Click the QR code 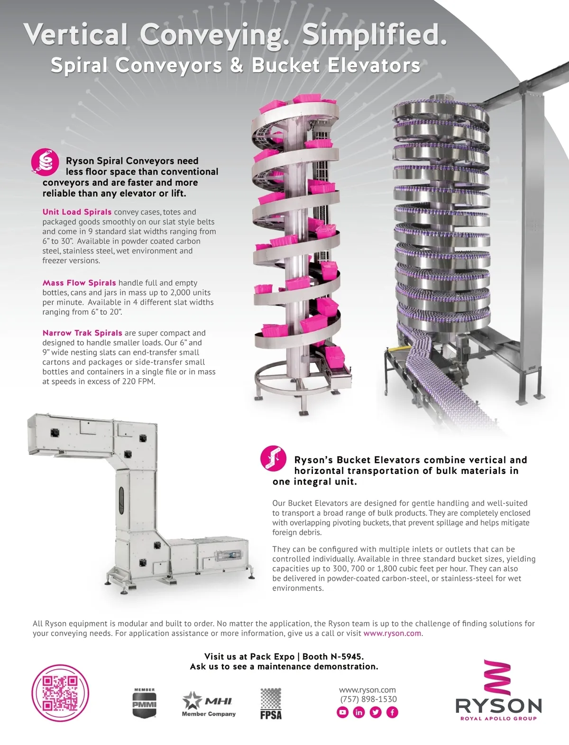60,693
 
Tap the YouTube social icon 342,712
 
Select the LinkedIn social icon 359,712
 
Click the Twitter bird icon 376,712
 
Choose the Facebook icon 392,712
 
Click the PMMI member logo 144,702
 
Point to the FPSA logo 271,704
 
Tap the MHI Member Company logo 209,704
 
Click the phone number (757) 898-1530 368,699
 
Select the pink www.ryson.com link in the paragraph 392,633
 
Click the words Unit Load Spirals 77,212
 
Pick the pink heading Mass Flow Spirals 79,283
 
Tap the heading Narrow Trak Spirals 82,333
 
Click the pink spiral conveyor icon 45,162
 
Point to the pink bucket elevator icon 273,459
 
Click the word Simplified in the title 374,35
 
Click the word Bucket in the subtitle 285,65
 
